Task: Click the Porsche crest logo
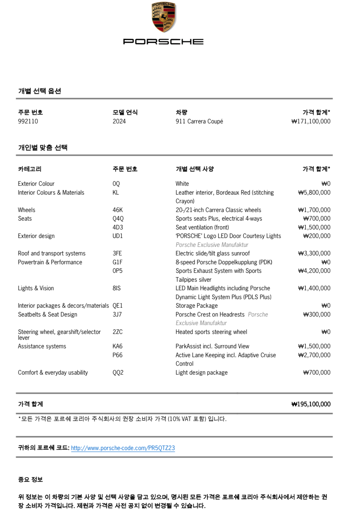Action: (164, 17)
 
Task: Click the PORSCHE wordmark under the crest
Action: (163, 42)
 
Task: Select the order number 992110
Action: (28, 121)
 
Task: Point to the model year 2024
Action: (119, 121)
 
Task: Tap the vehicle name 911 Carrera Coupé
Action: (199, 121)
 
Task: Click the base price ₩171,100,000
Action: (311, 121)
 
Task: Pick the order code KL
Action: (116, 193)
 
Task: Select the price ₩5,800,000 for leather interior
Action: (314, 193)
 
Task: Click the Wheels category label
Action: (27, 210)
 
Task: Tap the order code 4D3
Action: (118, 227)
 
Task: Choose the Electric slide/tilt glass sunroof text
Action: (213, 253)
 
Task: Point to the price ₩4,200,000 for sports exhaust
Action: (314, 271)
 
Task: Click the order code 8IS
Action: (117, 288)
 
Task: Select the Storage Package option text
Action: (197, 306)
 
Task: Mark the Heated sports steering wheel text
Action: (211, 332)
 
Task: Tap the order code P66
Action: (118, 355)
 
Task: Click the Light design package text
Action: (202, 372)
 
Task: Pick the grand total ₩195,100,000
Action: (311, 404)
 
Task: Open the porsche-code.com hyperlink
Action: (123, 448)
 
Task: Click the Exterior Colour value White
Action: (182, 184)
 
